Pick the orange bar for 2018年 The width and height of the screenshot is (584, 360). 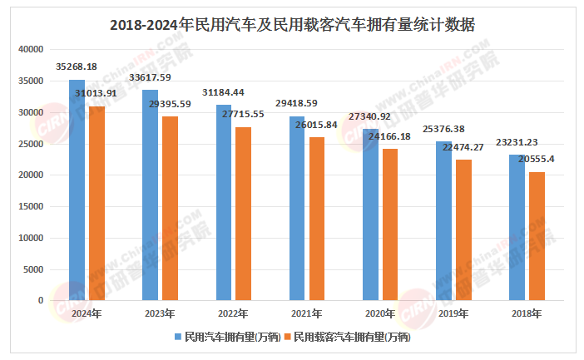[x=537, y=236]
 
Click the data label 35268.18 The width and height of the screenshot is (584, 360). [x=77, y=66]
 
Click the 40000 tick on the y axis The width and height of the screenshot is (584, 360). [x=31, y=50]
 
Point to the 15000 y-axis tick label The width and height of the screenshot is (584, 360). [x=31, y=207]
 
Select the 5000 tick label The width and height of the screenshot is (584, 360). [x=33, y=269]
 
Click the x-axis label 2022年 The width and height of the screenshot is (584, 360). [x=234, y=314]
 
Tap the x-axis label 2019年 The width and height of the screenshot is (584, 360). [x=453, y=314]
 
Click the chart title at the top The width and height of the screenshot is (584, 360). [x=292, y=24]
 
